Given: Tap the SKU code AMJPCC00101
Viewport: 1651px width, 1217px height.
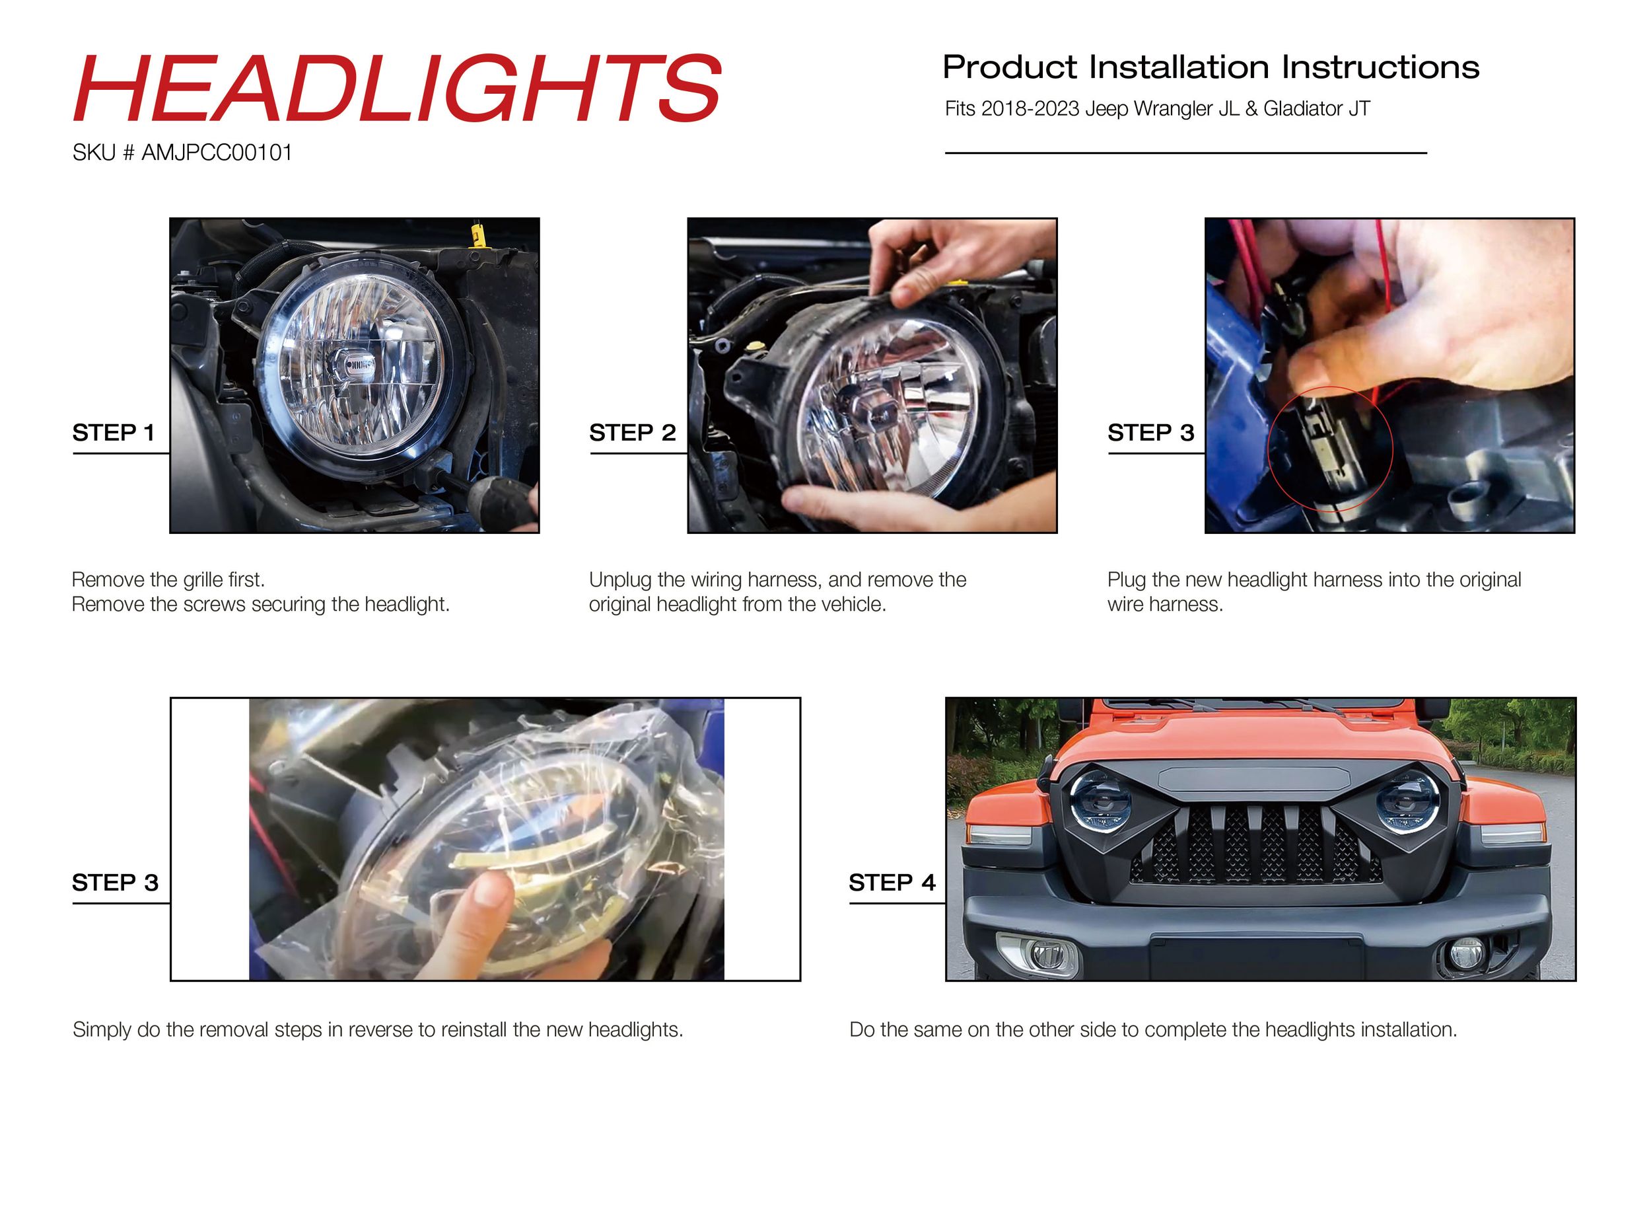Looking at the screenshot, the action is click(217, 153).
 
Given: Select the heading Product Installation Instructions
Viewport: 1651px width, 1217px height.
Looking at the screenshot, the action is click(1211, 67).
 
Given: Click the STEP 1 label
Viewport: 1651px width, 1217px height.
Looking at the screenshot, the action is click(114, 433).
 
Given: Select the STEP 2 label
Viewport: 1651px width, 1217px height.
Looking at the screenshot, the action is click(632, 433).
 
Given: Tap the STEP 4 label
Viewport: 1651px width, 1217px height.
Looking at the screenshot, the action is click(892, 882).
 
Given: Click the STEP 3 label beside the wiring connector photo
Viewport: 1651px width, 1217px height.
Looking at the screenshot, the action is click(1150, 433).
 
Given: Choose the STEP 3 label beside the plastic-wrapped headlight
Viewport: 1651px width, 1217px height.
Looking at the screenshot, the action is click(115, 882).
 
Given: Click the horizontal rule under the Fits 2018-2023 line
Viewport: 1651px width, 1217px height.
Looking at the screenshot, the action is click(1185, 153).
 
